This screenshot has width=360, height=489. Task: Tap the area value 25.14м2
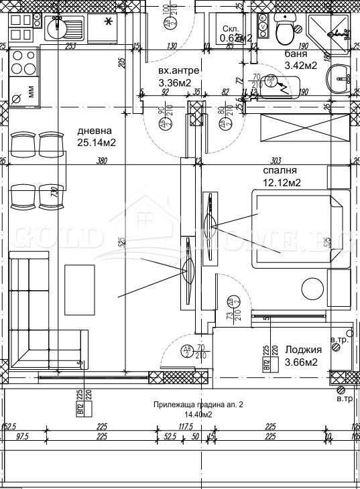coord(94,143)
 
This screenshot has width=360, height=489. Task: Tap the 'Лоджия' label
coord(304,350)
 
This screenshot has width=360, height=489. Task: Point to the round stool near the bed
coord(312,289)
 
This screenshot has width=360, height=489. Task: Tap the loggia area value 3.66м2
coord(301,362)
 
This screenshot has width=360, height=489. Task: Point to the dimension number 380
coord(102,161)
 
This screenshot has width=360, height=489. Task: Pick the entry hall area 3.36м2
coord(175,83)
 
